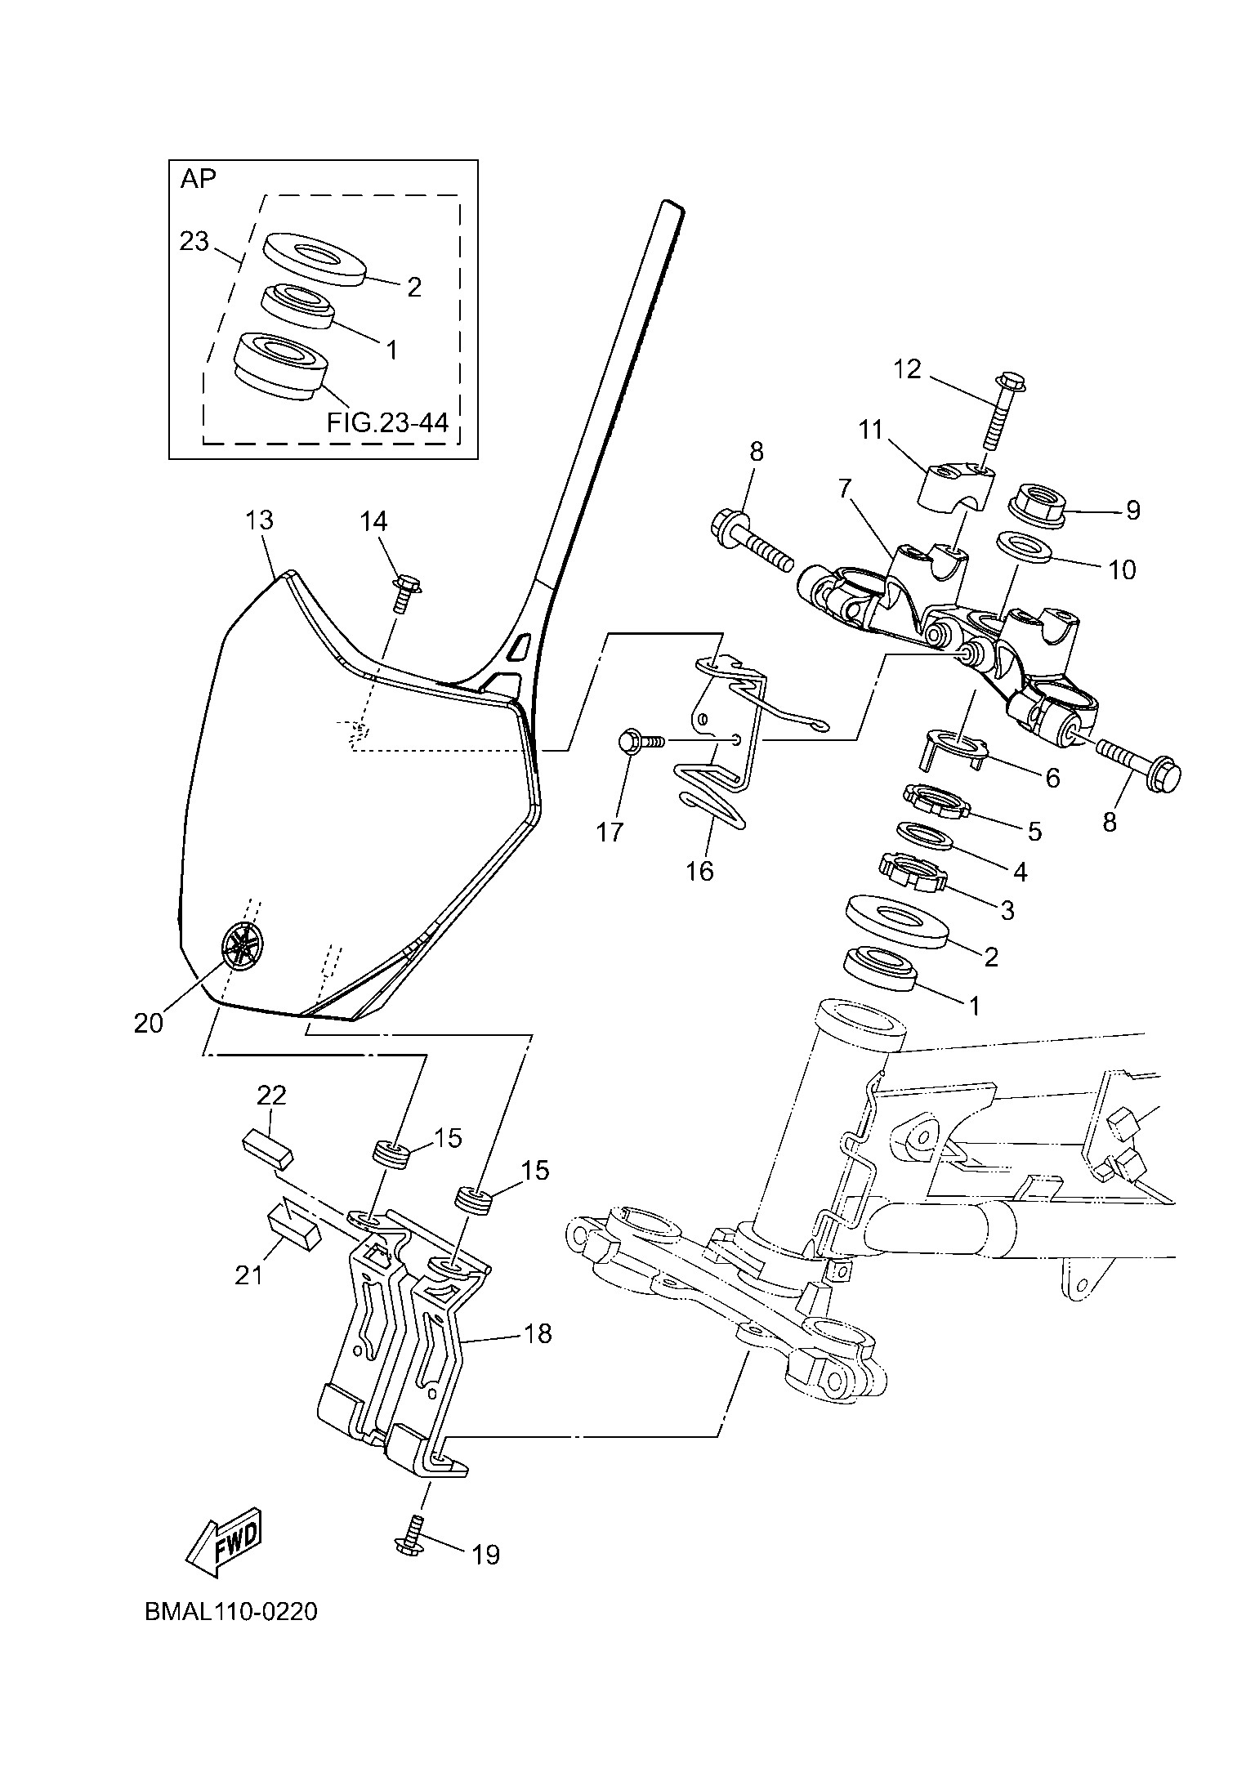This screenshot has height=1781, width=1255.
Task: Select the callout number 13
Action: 259,520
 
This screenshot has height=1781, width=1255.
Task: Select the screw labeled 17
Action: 642,741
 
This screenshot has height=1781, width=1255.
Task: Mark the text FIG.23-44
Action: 387,422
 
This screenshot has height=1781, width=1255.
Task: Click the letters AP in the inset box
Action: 198,179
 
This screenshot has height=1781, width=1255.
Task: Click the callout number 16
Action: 700,871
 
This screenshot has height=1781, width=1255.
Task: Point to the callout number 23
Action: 194,242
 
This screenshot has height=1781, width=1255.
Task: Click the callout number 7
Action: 844,489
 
